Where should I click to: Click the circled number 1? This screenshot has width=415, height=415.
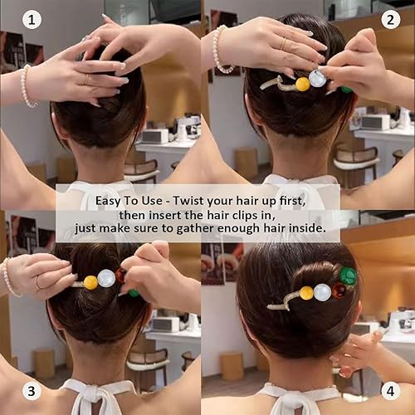[32, 20]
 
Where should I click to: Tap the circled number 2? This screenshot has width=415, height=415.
[391, 20]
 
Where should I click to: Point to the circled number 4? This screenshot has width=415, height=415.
[391, 390]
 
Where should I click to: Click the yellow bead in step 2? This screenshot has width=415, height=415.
[302, 83]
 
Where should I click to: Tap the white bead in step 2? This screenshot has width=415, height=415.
[317, 79]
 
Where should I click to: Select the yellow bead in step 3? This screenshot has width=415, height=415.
[90, 282]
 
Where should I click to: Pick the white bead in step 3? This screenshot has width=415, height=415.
[105, 277]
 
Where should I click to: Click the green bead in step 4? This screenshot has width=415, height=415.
[349, 276]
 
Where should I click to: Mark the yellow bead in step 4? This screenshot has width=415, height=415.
[306, 293]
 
